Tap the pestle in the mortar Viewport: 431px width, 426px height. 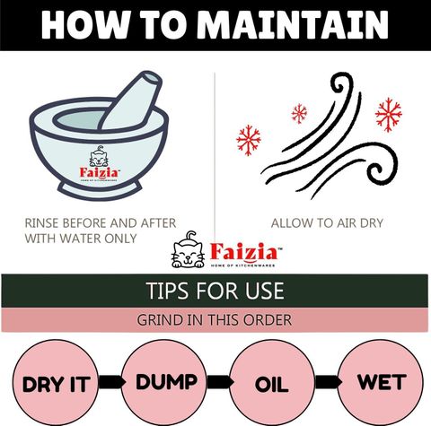(x=132, y=100)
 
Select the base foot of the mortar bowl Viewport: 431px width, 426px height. (x=100, y=190)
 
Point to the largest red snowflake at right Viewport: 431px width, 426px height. (x=389, y=115)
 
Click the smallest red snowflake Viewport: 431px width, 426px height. (x=299, y=114)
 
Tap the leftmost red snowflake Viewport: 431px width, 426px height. (x=249, y=140)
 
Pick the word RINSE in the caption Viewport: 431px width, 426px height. (x=41, y=223)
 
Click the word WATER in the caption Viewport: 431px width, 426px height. (x=80, y=239)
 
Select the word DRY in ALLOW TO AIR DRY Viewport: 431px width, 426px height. (x=372, y=223)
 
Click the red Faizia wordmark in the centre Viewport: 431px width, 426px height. (x=244, y=252)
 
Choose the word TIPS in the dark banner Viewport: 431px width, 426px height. (x=164, y=291)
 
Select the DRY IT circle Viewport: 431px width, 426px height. (x=56, y=383)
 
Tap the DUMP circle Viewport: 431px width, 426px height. (x=164, y=383)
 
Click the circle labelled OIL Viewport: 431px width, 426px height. (x=272, y=383)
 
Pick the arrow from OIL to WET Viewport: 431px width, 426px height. (x=328, y=382)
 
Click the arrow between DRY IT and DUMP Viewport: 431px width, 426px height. (x=111, y=382)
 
